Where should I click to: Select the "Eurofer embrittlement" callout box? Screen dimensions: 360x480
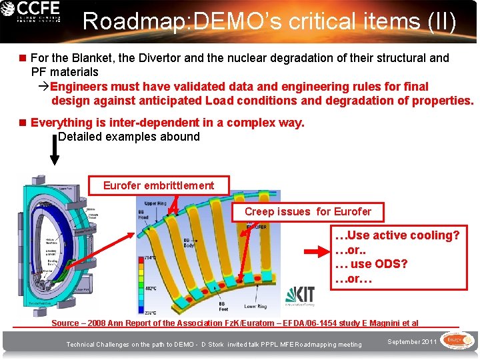point(159,185)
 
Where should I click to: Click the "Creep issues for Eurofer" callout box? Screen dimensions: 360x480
point(307,212)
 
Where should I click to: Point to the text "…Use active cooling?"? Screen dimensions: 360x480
point(397,235)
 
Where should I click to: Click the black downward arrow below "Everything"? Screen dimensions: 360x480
point(55,150)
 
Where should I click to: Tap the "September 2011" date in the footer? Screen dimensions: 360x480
point(412,342)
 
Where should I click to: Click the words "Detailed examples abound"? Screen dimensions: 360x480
point(129,137)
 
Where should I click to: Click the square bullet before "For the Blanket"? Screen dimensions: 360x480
point(23,58)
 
